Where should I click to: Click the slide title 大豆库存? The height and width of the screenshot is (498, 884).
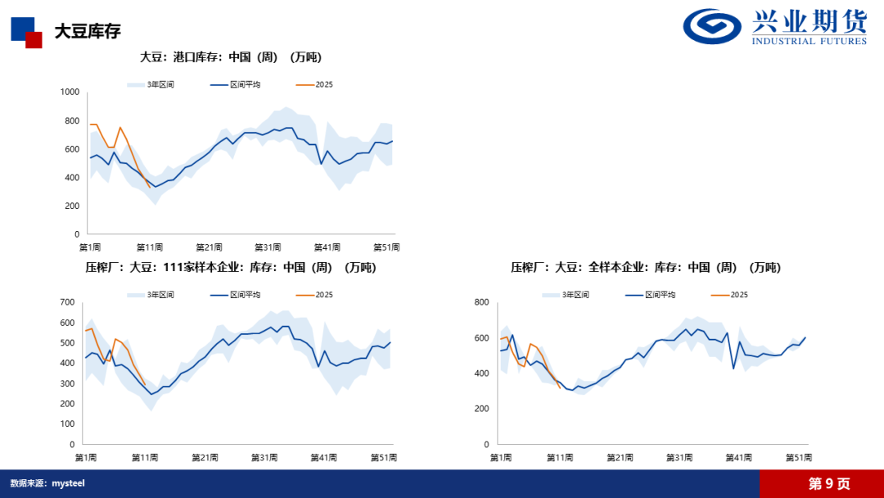click(x=88, y=31)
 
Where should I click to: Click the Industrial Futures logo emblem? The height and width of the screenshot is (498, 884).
click(x=714, y=27)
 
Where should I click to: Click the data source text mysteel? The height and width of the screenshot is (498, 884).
click(x=69, y=483)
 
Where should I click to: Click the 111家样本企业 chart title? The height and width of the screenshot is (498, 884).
click(x=231, y=267)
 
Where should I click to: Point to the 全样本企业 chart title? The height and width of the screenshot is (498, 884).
click(x=646, y=267)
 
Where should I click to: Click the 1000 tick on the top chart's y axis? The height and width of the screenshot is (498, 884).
click(x=70, y=93)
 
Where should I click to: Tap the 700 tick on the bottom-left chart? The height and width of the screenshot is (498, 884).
click(x=67, y=303)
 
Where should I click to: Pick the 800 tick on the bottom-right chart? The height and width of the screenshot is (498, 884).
click(x=481, y=303)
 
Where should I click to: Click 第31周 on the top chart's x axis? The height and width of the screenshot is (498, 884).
click(x=268, y=247)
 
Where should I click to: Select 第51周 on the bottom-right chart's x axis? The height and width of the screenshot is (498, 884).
click(x=799, y=457)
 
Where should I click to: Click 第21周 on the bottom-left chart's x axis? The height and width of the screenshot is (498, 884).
click(x=205, y=457)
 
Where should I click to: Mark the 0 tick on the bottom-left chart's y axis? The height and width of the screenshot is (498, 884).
click(x=73, y=444)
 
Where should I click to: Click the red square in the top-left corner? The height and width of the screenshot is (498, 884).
click(x=34, y=40)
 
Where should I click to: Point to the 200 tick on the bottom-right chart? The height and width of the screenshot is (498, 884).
click(x=481, y=409)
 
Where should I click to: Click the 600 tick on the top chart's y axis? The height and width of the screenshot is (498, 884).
click(x=72, y=149)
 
